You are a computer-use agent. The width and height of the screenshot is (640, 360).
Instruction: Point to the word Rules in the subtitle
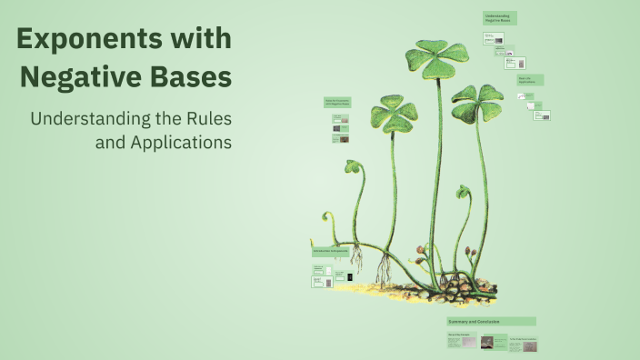[x=205, y=119]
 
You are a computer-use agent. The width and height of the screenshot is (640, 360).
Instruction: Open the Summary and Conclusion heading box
[x=491, y=322]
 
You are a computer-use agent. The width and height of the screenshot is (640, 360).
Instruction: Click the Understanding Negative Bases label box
[x=499, y=18]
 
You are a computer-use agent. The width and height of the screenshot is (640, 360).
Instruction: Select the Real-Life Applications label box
[x=530, y=81]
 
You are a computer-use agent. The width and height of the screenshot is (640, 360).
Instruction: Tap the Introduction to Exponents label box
[x=329, y=252]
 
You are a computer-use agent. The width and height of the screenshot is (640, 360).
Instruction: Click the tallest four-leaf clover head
[x=437, y=57]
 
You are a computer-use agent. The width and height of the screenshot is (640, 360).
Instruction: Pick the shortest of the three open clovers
[x=394, y=114]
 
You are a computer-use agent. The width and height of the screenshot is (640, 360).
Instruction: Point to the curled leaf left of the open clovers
[x=352, y=167]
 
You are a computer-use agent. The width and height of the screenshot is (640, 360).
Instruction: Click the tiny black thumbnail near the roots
[x=350, y=275]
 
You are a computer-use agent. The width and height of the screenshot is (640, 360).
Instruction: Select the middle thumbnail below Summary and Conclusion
[x=486, y=344]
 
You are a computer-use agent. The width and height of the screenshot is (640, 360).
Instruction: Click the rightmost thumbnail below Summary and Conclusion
[x=523, y=345]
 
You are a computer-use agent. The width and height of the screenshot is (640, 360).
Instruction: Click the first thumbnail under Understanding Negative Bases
[x=493, y=39]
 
